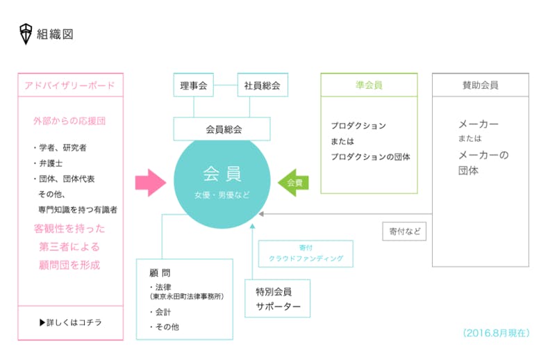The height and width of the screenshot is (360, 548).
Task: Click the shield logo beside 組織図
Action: click(x=26, y=33)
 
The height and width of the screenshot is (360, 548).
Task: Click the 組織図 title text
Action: click(x=55, y=33)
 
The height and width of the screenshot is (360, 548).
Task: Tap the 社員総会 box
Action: click(x=262, y=85)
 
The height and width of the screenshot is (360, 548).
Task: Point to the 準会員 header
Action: click(x=369, y=85)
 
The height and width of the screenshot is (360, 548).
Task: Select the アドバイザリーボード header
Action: click(x=70, y=85)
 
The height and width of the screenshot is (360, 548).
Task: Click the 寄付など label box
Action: click(x=404, y=231)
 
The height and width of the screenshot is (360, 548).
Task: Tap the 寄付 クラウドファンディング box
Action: click(x=306, y=253)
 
